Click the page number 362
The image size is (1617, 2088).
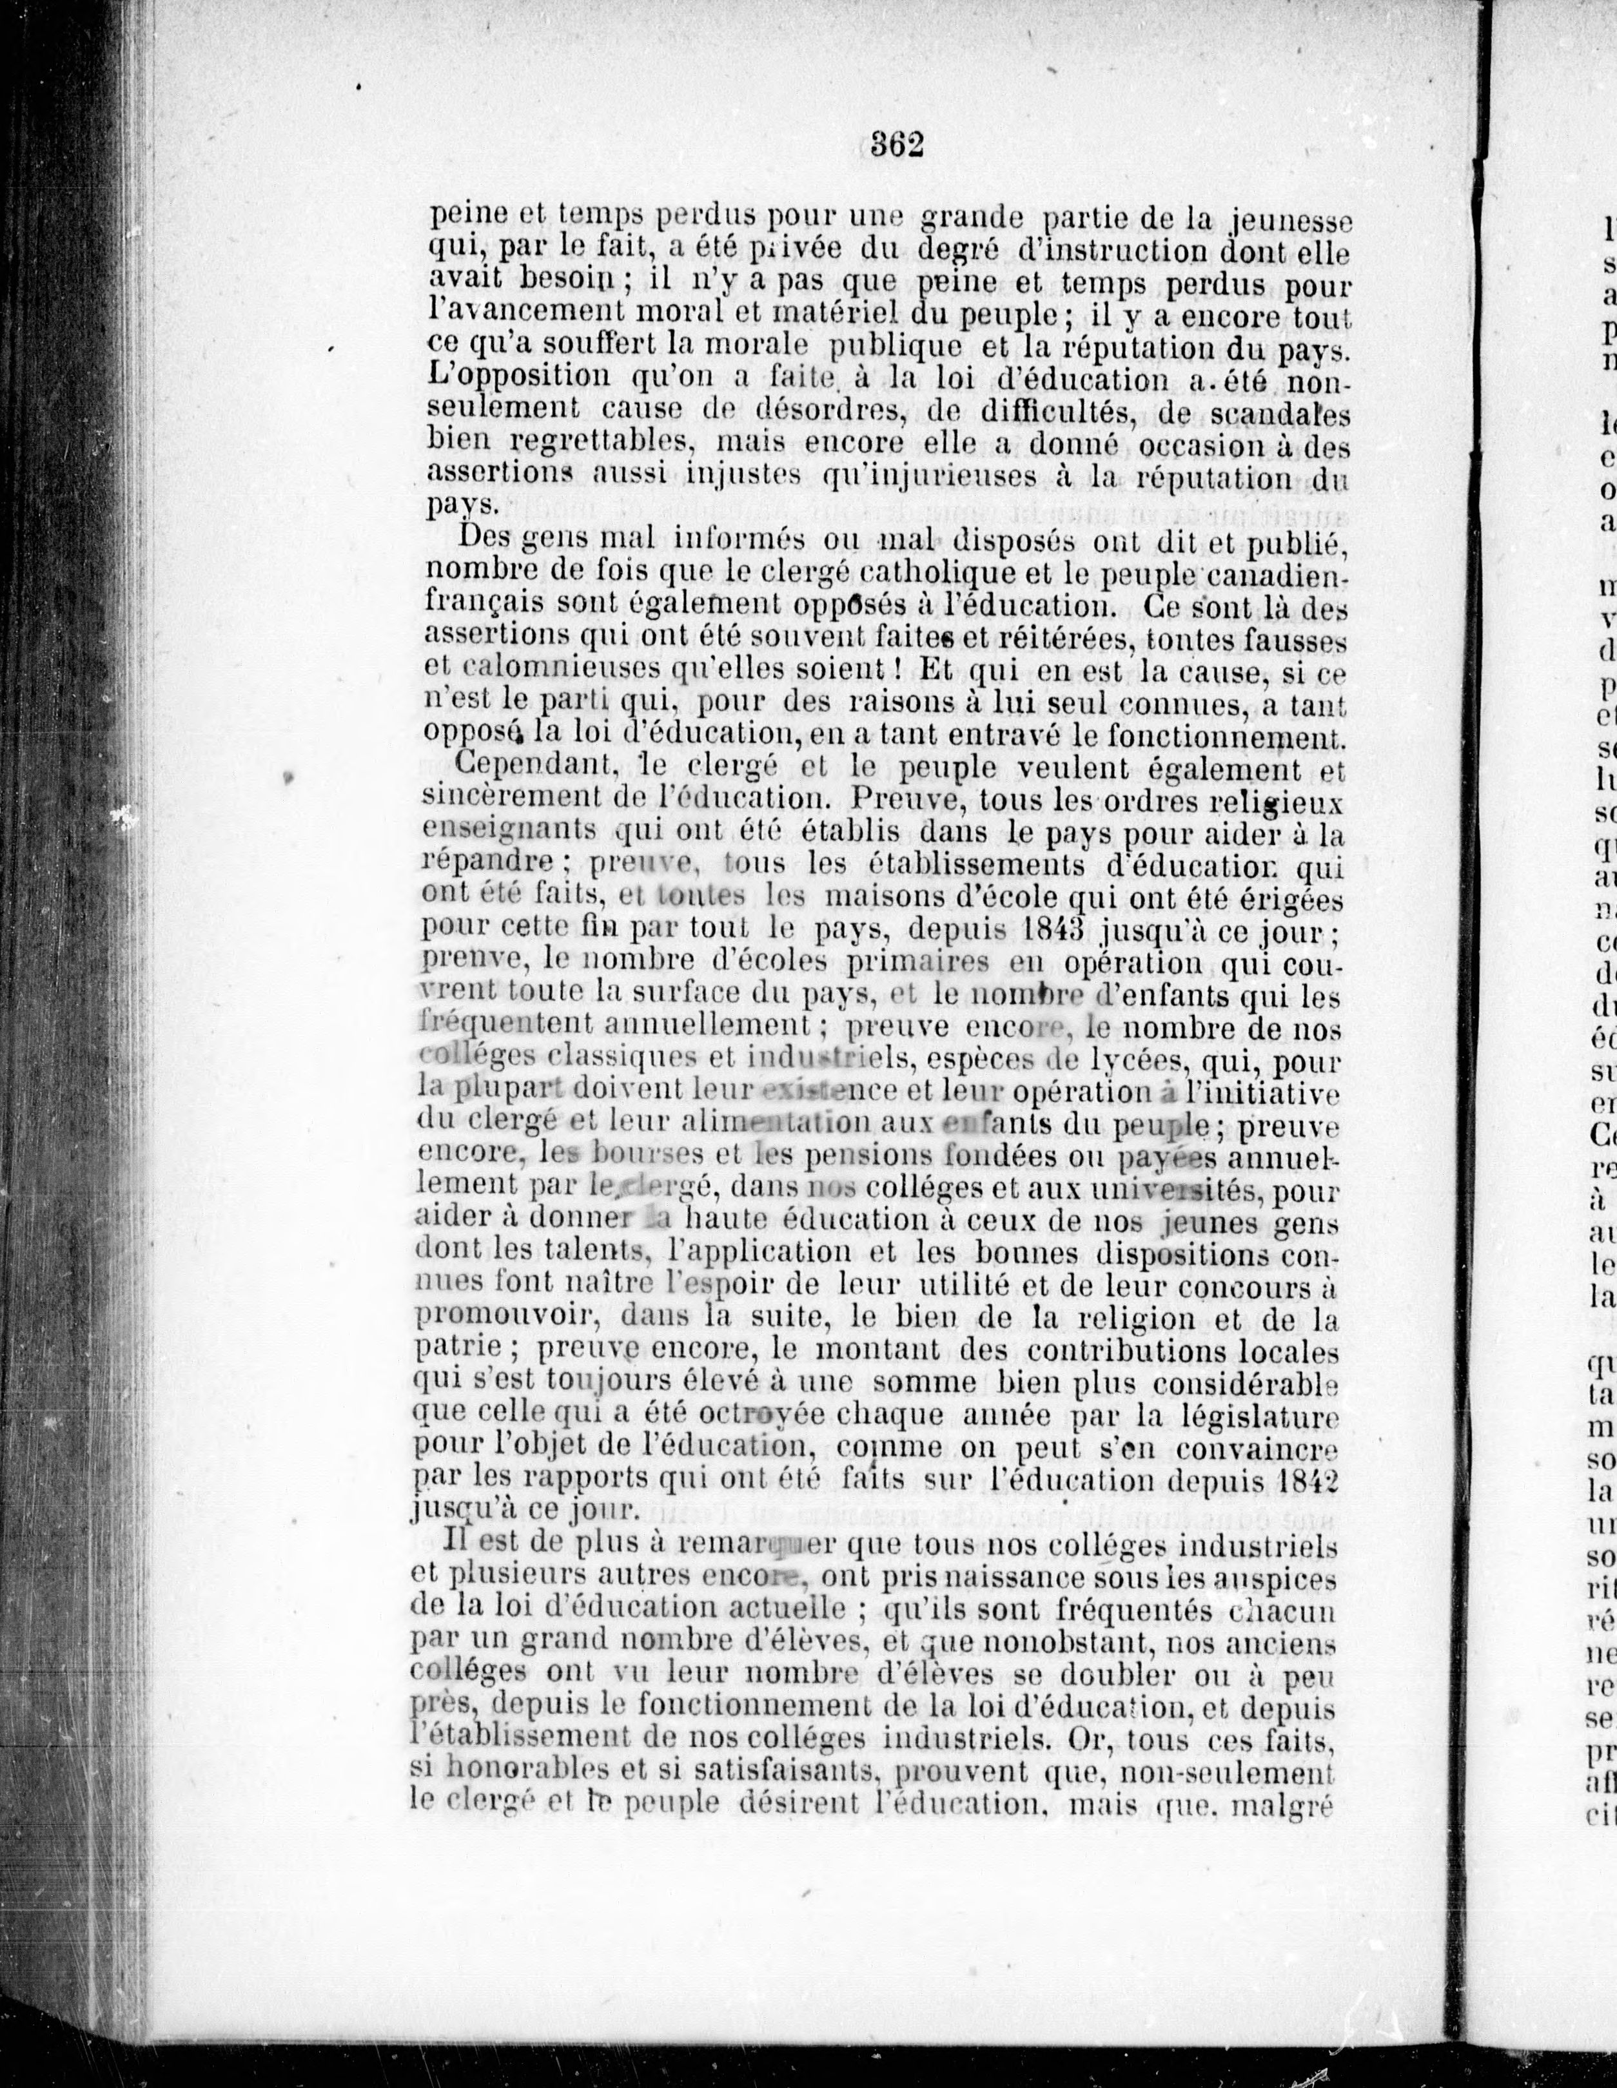click(x=896, y=145)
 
